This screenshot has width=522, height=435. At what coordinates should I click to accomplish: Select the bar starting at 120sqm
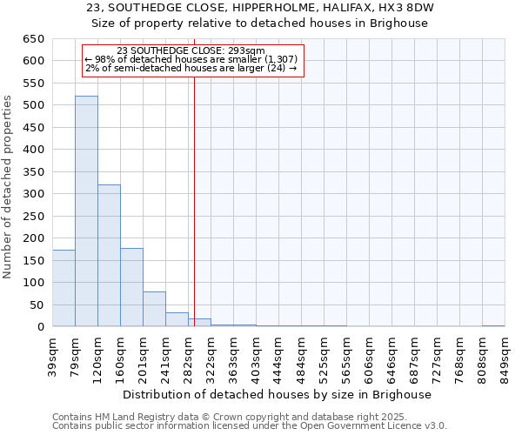tap(109, 256)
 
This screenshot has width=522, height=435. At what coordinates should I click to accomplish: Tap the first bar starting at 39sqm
tap(64, 288)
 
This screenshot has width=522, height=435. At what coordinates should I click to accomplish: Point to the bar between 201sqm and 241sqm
tap(154, 309)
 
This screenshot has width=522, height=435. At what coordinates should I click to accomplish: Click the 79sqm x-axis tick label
tap(75, 356)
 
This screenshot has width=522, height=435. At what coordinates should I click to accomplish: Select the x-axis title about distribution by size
tap(278, 394)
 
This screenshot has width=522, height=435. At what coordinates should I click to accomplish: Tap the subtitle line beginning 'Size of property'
tap(260, 23)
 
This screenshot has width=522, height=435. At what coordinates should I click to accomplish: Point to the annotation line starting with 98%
tap(191, 59)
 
